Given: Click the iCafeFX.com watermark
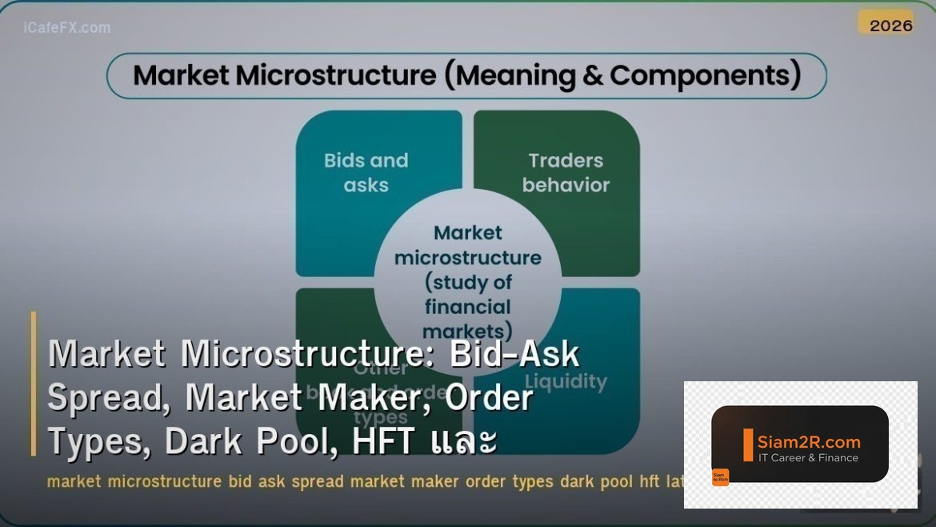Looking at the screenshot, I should tap(67, 28).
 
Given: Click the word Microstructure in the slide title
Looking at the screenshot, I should tap(336, 75).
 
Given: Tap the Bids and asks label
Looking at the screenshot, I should tap(366, 172).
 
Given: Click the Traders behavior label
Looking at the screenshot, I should tap(566, 172).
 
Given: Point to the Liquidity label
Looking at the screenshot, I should tap(566, 381).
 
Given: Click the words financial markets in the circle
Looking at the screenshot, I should tap(468, 319).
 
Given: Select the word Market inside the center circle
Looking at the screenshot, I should tap(468, 233).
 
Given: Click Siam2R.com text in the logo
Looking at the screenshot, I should tap(809, 442).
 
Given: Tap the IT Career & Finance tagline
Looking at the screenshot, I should tap(808, 458).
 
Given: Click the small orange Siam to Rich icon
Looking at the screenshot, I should tap(720, 477).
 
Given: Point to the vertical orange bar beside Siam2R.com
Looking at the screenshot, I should tap(748, 445).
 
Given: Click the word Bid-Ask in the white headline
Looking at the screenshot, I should tap(514, 354).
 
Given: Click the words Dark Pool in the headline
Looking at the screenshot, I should tap(250, 441).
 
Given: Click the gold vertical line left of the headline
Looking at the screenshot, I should tap(34, 384).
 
